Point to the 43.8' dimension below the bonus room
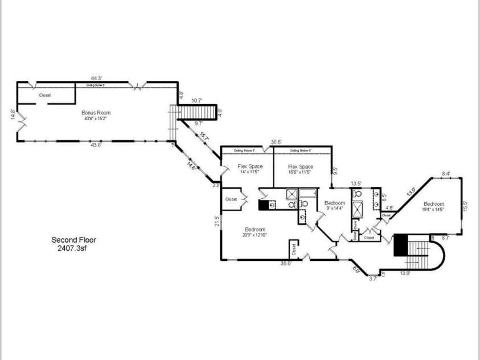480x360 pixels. click(96, 145)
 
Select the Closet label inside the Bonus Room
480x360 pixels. click(45, 95)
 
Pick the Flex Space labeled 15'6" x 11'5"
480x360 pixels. click(300, 166)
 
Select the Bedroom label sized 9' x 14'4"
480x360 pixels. click(335, 203)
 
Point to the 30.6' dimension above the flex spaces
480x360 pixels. click(276, 142)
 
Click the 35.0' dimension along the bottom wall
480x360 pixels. click(285, 263)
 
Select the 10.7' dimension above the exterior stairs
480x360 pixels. click(197, 101)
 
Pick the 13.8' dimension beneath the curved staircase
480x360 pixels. click(405, 273)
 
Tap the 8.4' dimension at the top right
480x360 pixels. click(446, 174)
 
